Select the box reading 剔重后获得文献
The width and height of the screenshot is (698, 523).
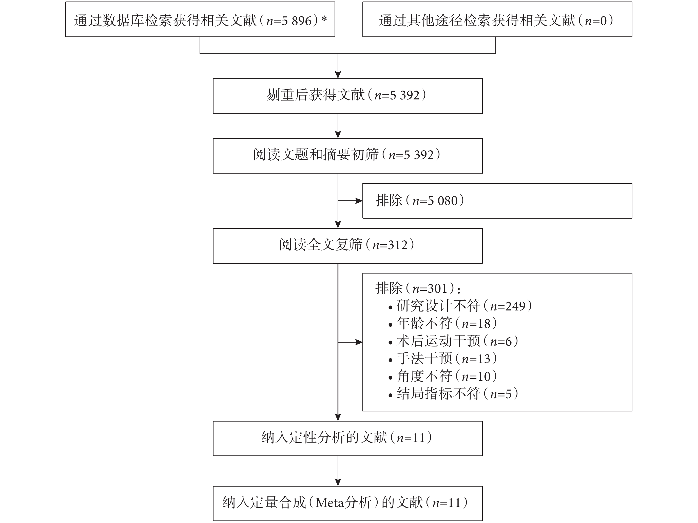(x=347, y=96)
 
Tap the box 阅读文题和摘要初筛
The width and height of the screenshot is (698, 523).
(x=347, y=156)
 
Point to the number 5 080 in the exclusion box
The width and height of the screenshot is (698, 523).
(x=443, y=201)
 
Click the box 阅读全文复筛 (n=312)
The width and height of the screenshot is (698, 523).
(x=347, y=246)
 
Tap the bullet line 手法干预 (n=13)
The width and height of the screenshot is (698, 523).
(x=443, y=359)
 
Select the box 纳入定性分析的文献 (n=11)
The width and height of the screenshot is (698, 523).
(x=347, y=438)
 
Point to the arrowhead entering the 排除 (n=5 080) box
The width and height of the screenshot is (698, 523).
(x=359, y=201)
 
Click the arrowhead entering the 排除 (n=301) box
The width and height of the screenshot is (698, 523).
(x=359, y=342)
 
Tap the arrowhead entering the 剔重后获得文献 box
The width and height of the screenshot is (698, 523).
(x=338, y=75)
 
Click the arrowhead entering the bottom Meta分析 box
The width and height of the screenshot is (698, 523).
(x=338, y=482)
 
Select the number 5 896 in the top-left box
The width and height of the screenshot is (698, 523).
(x=297, y=21)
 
